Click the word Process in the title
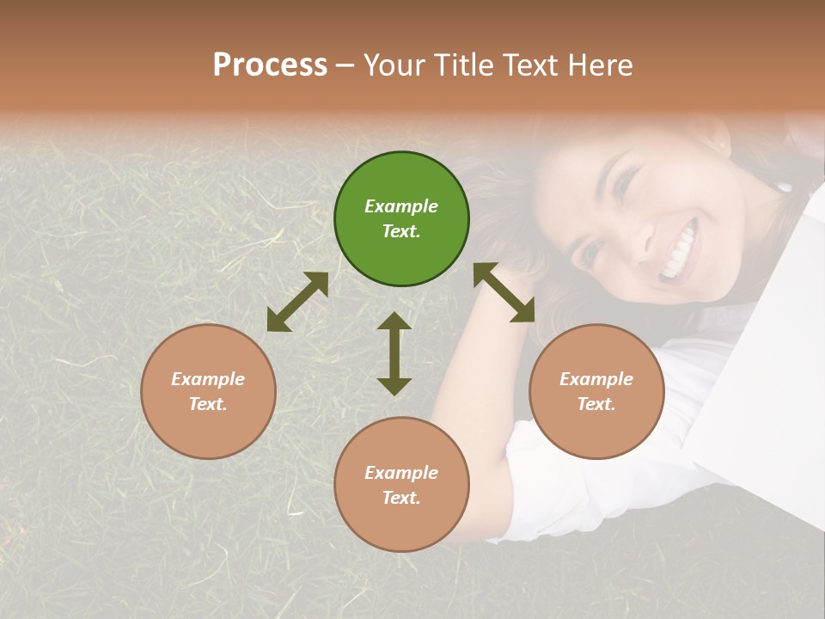[270, 65]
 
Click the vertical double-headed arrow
[394, 353]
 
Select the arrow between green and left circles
[297, 302]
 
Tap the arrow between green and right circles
[504, 292]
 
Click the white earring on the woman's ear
[783, 186]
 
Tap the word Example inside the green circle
[401, 206]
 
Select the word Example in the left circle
[208, 379]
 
